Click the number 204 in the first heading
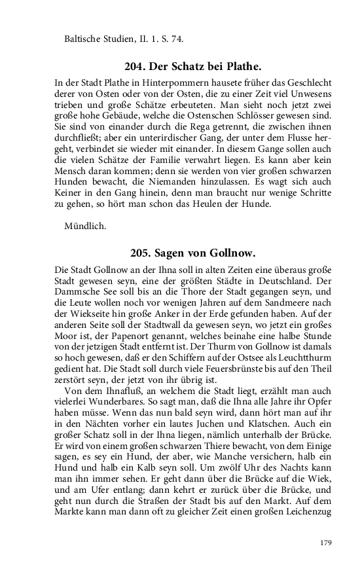[x=135, y=66]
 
